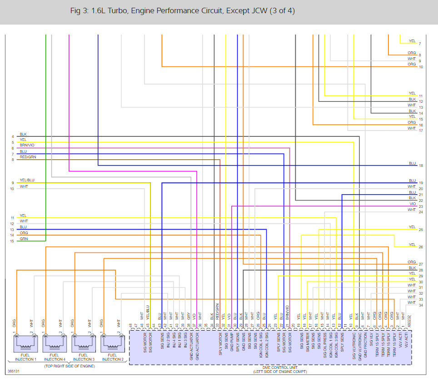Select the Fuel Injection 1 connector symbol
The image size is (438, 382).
coord(25,341)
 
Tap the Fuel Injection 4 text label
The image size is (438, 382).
coord(54,357)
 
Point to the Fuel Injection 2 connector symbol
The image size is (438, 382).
coord(112,341)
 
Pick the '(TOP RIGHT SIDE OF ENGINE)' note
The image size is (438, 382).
coord(69,366)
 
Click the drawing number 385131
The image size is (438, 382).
coord(14,372)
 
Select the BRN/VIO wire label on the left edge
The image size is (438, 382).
coord(27,145)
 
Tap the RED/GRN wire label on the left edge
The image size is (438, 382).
coord(28,157)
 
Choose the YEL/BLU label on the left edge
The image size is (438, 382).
coord(27,180)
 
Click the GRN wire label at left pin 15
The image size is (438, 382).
coord(23,238)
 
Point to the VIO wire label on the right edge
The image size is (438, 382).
coord(412,204)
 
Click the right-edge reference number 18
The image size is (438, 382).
coord(421,166)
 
